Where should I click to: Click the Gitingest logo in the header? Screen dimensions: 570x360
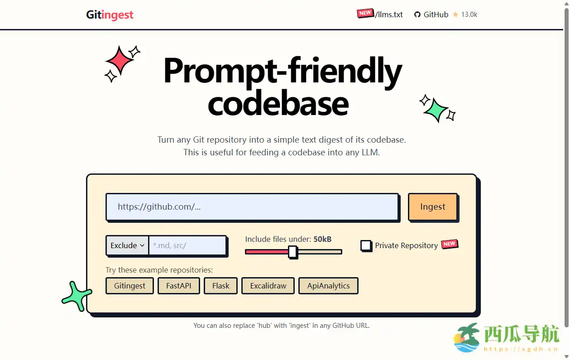click(110, 15)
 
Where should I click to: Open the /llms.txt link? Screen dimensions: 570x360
click(388, 14)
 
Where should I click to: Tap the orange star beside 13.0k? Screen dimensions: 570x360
click(455, 14)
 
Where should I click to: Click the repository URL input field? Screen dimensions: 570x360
click(252, 207)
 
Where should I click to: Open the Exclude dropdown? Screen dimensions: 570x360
click(127, 245)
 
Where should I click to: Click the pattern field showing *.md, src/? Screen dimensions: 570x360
click(187, 245)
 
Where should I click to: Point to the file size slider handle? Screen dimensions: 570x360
click(292, 252)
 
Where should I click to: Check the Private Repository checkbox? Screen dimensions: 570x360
click(366, 246)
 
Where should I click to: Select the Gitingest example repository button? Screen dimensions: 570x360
click(129, 286)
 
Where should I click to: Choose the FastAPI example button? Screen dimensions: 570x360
click(179, 286)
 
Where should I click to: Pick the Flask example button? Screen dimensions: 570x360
click(220, 286)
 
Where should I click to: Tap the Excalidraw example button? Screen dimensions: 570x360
click(268, 286)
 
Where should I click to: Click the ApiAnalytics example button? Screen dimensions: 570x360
click(328, 286)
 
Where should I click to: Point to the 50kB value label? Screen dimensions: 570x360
click(322, 239)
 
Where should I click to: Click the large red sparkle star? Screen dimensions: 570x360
click(120, 61)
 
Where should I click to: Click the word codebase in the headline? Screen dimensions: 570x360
click(278, 104)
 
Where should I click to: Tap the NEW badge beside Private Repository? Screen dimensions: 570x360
click(450, 244)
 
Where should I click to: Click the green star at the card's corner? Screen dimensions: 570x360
click(77, 296)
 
